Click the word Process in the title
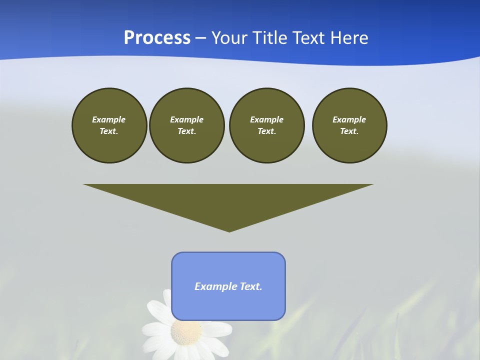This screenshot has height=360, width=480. point(157,38)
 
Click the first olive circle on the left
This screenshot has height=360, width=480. point(109,125)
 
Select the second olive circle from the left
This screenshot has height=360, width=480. point(187,125)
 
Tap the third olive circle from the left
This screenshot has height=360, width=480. point(267,125)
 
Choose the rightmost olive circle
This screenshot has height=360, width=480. point(349,125)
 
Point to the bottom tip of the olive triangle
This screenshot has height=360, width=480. point(229,230)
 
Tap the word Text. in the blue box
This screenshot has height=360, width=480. point(251,286)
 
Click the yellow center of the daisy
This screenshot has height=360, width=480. point(186,332)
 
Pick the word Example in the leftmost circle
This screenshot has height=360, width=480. point(109,119)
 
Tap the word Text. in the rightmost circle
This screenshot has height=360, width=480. point(349,131)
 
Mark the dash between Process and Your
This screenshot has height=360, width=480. point(201,38)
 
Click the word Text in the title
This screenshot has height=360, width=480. point(309,38)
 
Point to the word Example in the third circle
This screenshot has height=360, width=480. point(267,119)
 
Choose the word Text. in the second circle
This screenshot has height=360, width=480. point(187,131)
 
